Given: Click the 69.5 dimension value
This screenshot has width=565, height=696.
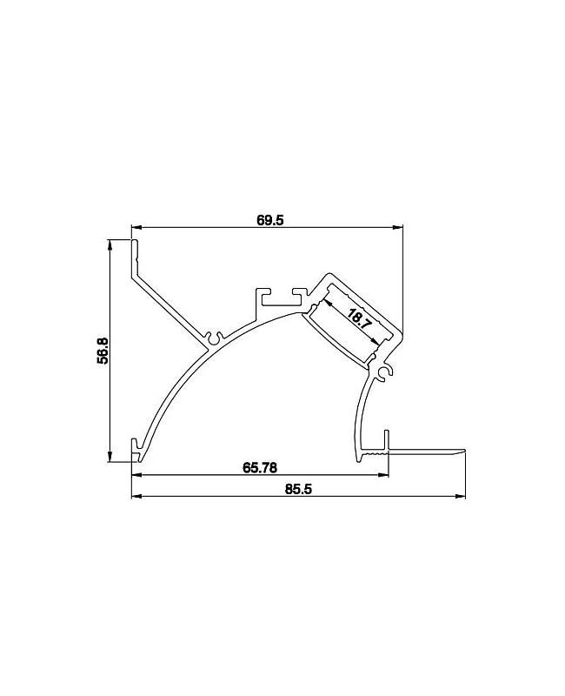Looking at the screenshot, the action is (x=269, y=220).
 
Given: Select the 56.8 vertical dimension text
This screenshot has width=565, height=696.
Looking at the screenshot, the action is (x=103, y=351).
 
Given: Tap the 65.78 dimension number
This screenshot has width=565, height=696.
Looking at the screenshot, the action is (x=260, y=467).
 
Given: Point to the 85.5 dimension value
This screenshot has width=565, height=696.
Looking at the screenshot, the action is (x=298, y=489).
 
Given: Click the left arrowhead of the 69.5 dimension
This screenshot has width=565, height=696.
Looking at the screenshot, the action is (x=136, y=228).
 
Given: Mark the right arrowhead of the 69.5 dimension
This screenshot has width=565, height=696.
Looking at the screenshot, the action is (x=398, y=228).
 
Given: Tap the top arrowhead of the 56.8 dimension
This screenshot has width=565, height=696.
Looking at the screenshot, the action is (x=110, y=244).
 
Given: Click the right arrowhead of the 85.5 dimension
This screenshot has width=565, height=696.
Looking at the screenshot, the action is (x=460, y=496).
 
